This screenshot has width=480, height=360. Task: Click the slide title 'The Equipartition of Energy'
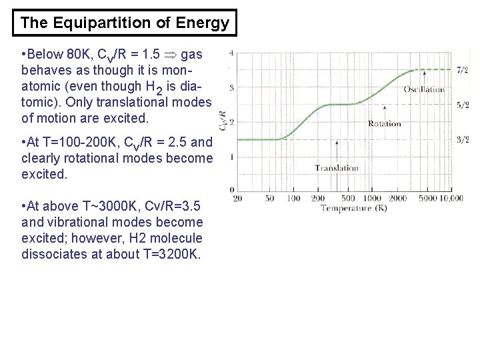point(125,23)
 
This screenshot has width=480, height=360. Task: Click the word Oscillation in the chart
point(423,89)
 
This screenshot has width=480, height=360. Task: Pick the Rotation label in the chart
point(385,123)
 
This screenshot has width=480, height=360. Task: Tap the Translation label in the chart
point(336,168)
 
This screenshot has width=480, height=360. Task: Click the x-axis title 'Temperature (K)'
point(355,209)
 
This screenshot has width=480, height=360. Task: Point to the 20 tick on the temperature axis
point(237,199)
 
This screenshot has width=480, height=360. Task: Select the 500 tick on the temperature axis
point(348,199)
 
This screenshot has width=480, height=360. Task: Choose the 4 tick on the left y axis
point(231,53)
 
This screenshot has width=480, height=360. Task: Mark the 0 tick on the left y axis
point(231,191)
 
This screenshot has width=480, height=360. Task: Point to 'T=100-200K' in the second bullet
point(83,142)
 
